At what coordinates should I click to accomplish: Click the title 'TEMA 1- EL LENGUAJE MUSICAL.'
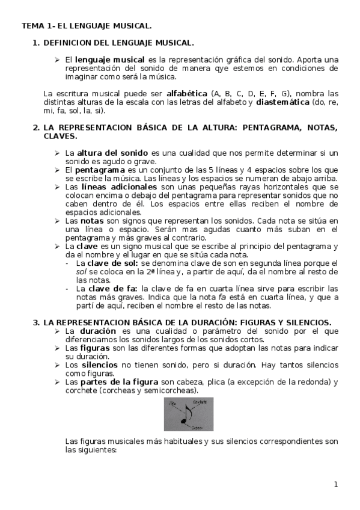[x=87, y=26]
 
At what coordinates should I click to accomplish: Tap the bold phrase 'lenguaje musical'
[x=109, y=60]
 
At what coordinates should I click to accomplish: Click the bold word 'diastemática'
[x=285, y=102]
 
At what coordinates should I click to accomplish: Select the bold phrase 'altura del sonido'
[x=112, y=153]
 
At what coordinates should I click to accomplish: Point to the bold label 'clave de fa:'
[x=112, y=289]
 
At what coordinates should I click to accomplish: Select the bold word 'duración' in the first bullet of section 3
[x=98, y=331]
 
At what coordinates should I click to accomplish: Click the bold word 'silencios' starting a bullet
[x=100, y=365]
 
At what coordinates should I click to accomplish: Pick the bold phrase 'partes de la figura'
[x=120, y=382]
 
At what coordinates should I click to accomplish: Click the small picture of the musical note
[x=188, y=414]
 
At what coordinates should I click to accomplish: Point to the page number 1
[x=337, y=485]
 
